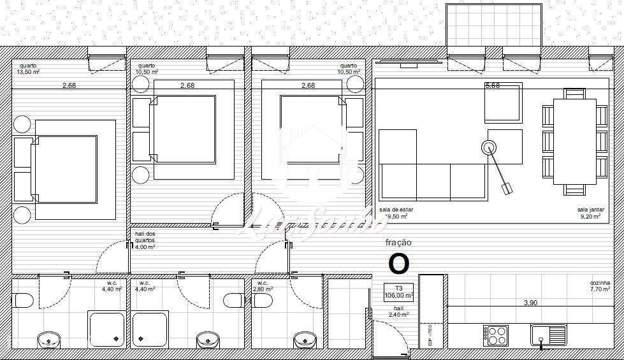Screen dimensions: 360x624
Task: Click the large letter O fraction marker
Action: [399, 263]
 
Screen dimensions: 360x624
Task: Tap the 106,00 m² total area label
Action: [400, 295]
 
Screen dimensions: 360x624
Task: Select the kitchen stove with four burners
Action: [495, 335]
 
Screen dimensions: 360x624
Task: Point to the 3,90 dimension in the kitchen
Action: [530, 303]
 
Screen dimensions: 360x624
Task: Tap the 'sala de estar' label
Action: [393, 210]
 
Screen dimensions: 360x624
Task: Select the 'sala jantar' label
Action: [591, 210]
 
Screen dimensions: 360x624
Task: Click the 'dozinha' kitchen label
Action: [600, 283]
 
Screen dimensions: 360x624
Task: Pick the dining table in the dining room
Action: [574, 141]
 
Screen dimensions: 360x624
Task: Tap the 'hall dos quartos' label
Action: [145, 238]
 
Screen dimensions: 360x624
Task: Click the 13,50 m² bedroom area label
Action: [29, 71]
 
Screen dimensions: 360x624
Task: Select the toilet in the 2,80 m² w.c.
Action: [233, 299]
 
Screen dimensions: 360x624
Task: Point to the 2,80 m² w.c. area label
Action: [264, 289]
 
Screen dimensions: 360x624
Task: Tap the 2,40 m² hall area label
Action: [400, 314]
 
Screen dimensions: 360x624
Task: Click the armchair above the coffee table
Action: [503, 103]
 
